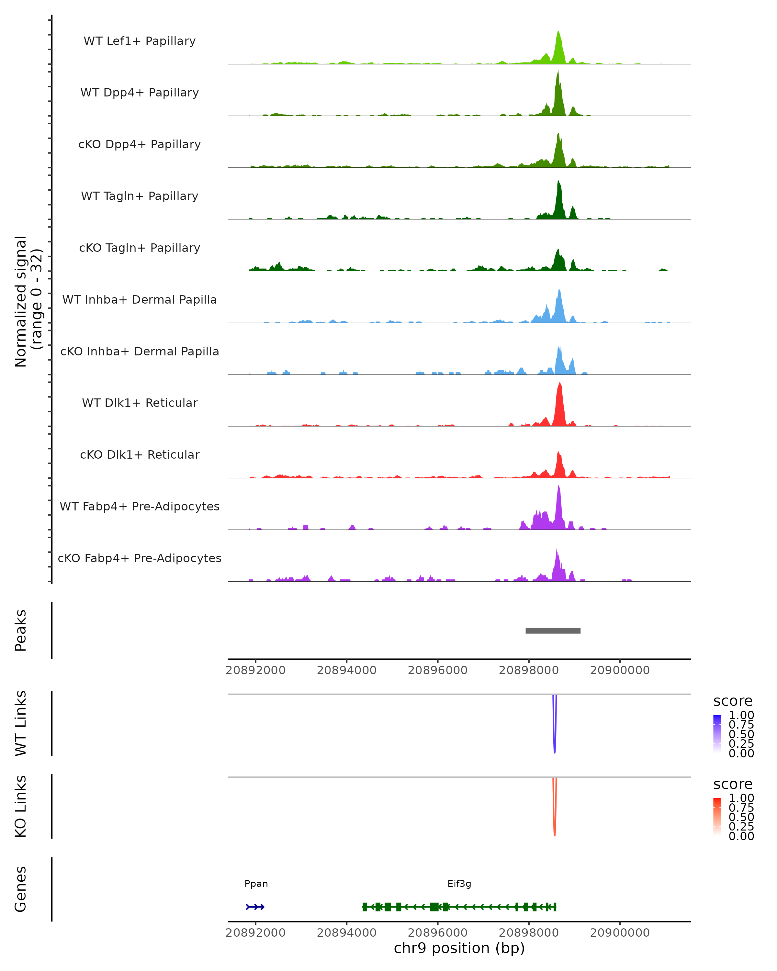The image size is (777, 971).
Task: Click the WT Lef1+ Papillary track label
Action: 140,41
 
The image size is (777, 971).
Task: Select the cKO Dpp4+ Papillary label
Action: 140,145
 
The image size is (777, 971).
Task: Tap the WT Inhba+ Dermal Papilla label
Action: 140,300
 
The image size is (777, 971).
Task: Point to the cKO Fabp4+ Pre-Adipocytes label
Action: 140,558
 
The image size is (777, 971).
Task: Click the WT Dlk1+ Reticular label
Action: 140,403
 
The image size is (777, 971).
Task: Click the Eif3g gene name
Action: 459,884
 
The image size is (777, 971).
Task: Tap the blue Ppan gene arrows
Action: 255,907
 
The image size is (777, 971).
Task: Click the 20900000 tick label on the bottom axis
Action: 619,933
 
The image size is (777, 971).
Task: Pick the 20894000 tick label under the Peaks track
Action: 346,670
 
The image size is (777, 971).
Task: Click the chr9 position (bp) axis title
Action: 459,948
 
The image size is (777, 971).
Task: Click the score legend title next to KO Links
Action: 732,784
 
